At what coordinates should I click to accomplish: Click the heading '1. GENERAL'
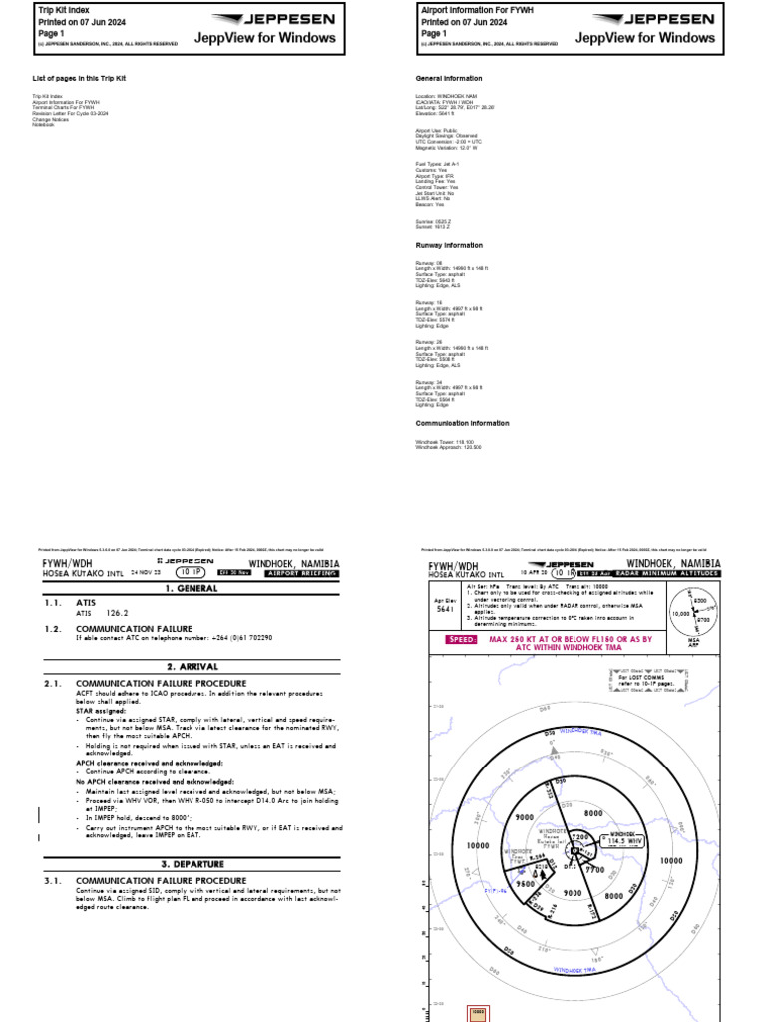coord(192,589)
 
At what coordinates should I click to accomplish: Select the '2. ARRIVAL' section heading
coord(192,665)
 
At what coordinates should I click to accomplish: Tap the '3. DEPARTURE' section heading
coord(192,863)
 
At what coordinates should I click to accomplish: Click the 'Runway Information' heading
coord(449,245)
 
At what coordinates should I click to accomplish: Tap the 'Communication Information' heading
coord(463,423)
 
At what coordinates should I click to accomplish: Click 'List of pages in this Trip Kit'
coord(80,78)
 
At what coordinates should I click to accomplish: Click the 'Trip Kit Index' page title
coord(64,8)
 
